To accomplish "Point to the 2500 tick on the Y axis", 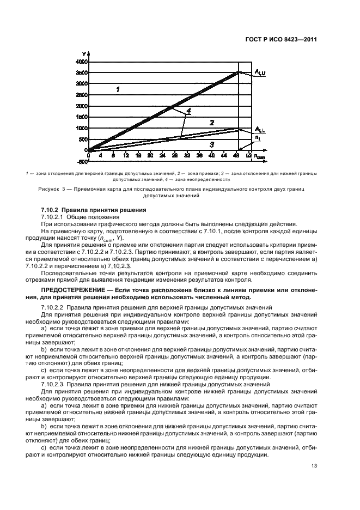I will (x=81, y=94).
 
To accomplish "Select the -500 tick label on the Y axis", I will (x=82, y=161).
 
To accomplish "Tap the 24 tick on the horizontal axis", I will (x=162, y=155).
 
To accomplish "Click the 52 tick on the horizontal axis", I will (x=249, y=155).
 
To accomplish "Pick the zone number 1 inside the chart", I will (x=118, y=89).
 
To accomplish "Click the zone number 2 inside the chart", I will (x=212, y=123).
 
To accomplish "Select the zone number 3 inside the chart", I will (x=212, y=144).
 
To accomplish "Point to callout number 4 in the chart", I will (x=188, y=111).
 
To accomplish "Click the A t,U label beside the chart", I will (x=260, y=72).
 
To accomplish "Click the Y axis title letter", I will (x=84, y=53).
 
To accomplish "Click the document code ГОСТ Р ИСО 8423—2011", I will (x=283, y=39).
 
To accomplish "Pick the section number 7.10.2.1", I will (x=56, y=216).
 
